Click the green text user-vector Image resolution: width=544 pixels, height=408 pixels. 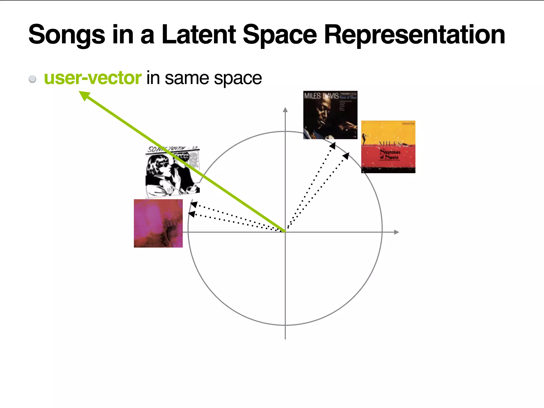[92, 78]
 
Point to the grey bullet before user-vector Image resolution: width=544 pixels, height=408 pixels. [32, 79]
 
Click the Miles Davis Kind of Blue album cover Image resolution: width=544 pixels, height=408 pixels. [330, 115]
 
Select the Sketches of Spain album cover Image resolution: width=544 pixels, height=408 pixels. [388, 147]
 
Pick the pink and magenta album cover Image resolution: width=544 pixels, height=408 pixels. [158, 223]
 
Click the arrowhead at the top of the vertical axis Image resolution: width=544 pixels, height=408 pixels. [285, 110]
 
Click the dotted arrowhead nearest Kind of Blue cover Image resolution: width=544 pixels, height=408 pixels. [333, 145]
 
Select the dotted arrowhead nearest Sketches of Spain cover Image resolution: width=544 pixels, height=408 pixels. [346, 156]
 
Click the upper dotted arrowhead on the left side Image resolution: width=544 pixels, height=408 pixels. [193, 204]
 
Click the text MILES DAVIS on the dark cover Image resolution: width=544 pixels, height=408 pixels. [321, 96]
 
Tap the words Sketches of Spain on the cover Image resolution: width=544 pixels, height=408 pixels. [390, 155]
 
